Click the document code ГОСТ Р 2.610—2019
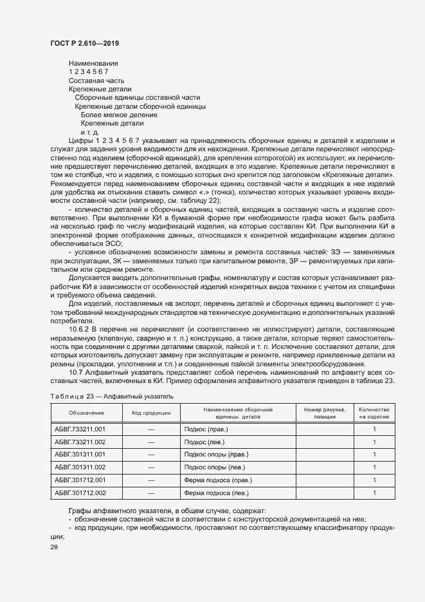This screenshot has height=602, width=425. click(84, 43)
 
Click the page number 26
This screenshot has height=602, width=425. click(53, 547)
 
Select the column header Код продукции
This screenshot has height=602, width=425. click(151, 412)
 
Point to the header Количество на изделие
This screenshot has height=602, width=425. click(375, 412)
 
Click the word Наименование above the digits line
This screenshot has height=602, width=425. click(93, 63)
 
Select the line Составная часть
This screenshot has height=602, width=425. click(92, 80)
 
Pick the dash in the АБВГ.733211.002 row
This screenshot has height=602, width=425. click(151, 442)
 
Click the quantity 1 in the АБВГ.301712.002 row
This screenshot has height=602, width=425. click(375, 493)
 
